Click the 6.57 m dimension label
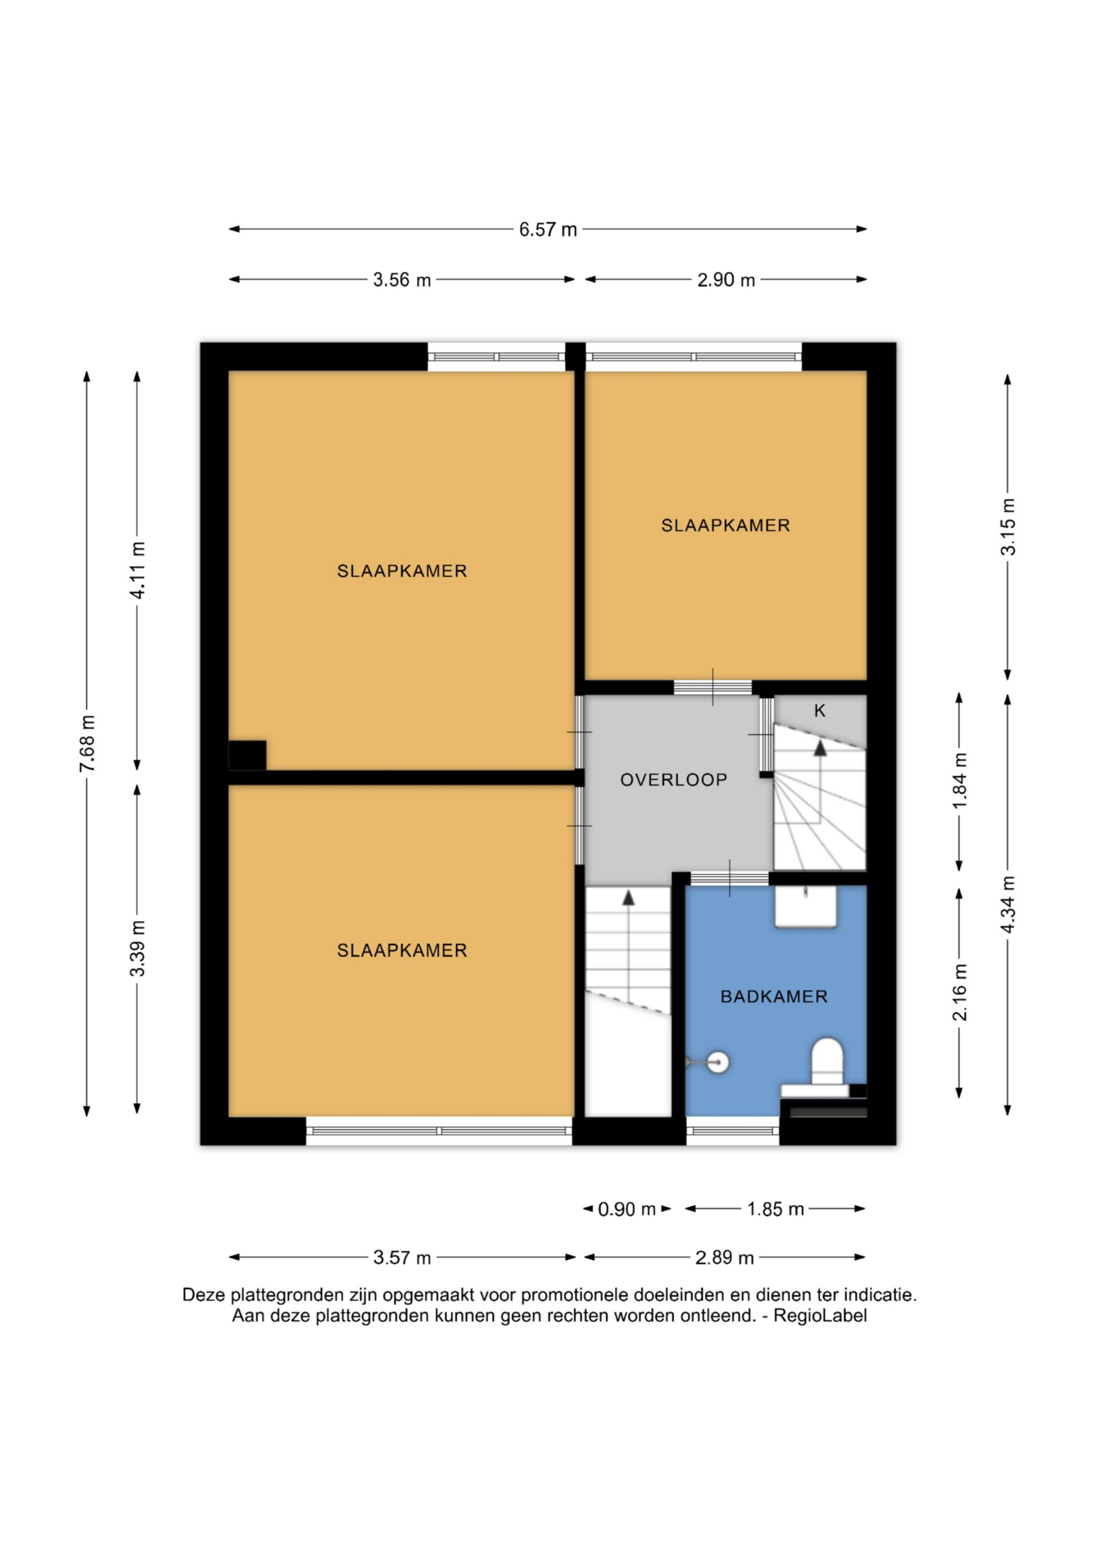pyautogui.click(x=548, y=230)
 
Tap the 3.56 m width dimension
pyautogui.click(x=402, y=280)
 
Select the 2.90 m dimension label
pyautogui.click(x=726, y=280)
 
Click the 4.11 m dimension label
pyautogui.click(x=137, y=570)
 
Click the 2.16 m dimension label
pyautogui.click(x=960, y=993)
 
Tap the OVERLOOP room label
pyautogui.click(x=674, y=780)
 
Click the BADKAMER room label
pyautogui.click(x=774, y=997)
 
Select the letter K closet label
pyautogui.click(x=820, y=711)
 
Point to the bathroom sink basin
pyautogui.click(x=806, y=907)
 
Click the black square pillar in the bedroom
pyautogui.click(x=247, y=755)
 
